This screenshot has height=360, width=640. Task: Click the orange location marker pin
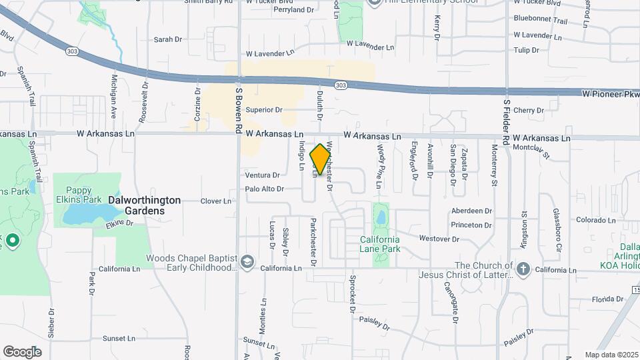(321, 159)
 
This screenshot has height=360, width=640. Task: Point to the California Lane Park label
(380, 244)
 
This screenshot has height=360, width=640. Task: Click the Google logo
(22, 352)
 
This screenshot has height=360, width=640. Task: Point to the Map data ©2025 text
(612, 355)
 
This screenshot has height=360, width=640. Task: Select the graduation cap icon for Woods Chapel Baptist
(248, 261)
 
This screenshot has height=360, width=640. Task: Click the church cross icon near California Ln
(523, 269)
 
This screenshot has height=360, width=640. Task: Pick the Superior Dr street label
(264, 110)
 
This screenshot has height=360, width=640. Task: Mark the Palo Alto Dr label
(264, 189)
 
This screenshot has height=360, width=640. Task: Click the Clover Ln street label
(216, 201)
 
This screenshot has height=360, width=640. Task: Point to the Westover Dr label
(439, 238)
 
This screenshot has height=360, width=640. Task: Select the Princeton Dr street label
(471, 225)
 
